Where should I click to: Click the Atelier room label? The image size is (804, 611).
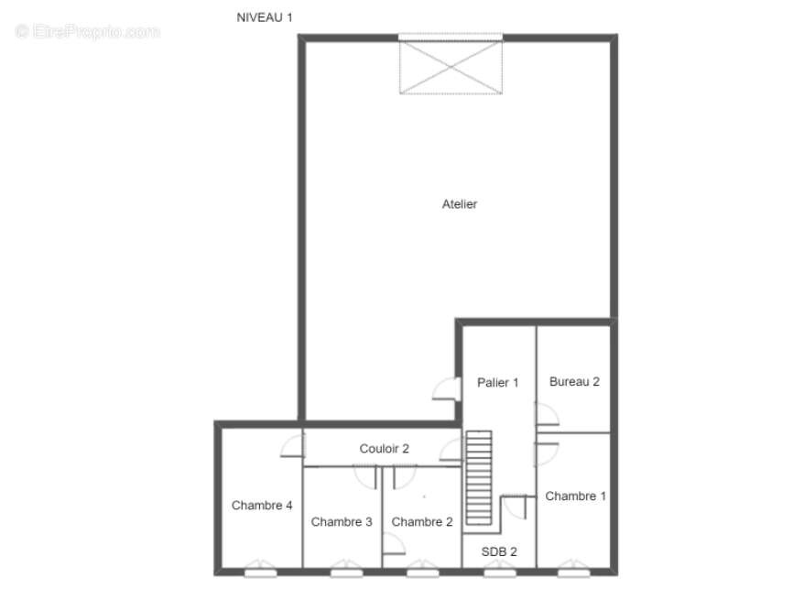tap(459, 204)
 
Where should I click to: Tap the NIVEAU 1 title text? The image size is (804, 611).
tap(265, 17)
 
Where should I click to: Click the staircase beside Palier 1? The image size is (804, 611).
tap(479, 477)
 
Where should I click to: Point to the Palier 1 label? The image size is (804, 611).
tap(498, 383)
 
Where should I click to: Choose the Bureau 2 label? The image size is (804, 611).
tap(574, 382)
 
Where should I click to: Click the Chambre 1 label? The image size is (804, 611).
tap(575, 496)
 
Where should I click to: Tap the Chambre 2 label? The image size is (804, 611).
tap(422, 522)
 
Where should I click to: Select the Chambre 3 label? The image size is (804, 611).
tap(342, 522)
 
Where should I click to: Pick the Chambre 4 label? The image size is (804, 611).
tap(262, 505)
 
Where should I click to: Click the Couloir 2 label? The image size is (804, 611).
tap(384, 449)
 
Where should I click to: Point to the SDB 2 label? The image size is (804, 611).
tap(499, 551)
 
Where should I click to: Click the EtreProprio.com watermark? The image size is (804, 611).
tap(88, 31)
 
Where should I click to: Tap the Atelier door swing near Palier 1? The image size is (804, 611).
tap(446, 388)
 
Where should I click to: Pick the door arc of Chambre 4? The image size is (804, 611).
tap(292, 445)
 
